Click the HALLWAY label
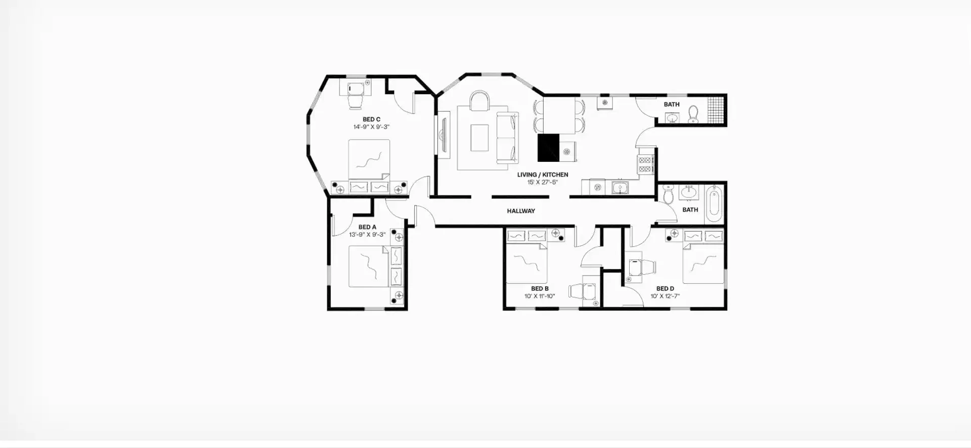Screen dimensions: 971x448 [521, 211]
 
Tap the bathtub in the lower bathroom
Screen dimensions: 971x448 [714, 204]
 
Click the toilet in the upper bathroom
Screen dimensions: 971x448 [693, 115]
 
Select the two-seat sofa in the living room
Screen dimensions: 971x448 [507, 137]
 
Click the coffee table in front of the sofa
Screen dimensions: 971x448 [479, 138]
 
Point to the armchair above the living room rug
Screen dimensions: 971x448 [479, 101]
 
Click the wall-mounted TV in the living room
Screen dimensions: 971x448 [443, 136]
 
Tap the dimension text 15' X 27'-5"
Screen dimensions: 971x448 [543, 182]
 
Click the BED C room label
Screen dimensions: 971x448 [371, 120]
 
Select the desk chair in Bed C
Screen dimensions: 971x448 [355, 101]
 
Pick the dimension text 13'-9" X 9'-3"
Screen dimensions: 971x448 [367, 235]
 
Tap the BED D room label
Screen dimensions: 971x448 [665, 289]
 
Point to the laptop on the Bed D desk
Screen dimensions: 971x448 [634, 266]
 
